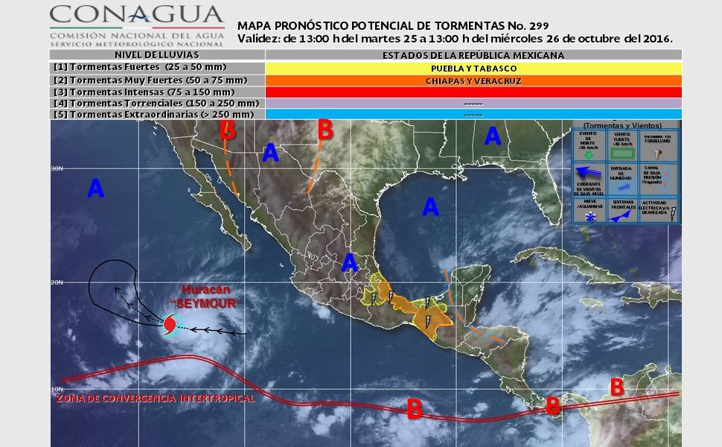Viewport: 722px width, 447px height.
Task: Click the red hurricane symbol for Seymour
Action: point(170,325)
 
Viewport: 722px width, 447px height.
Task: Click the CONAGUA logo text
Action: point(137,14)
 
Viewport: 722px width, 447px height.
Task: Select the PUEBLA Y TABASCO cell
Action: point(473,68)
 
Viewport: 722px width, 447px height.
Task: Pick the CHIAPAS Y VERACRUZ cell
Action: point(473,80)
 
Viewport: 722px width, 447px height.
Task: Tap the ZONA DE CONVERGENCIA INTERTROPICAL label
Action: point(156,399)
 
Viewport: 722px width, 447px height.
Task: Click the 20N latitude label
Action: point(57,282)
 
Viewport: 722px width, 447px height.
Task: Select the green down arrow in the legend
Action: point(590,154)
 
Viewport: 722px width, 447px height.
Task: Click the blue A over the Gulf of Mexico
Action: point(430,206)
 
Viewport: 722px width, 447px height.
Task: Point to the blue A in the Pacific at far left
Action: point(95,189)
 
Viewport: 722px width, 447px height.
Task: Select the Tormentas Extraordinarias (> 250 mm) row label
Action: point(154,115)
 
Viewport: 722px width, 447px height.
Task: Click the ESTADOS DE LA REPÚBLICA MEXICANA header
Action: point(473,55)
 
